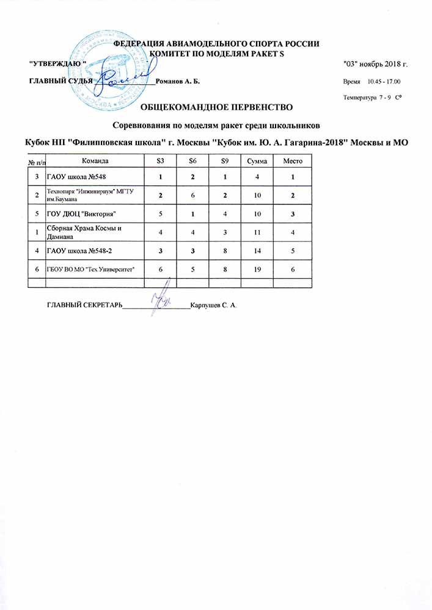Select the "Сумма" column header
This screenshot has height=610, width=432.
pyautogui.click(x=256, y=160)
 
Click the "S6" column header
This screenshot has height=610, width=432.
pyautogui.click(x=192, y=160)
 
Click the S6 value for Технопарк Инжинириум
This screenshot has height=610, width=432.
pyautogui.click(x=192, y=195)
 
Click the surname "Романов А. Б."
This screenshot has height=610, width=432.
pyautogui.click(x=177, y=81)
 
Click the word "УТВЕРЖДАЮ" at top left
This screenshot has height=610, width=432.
pyautogui.click(x=59, y=63)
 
